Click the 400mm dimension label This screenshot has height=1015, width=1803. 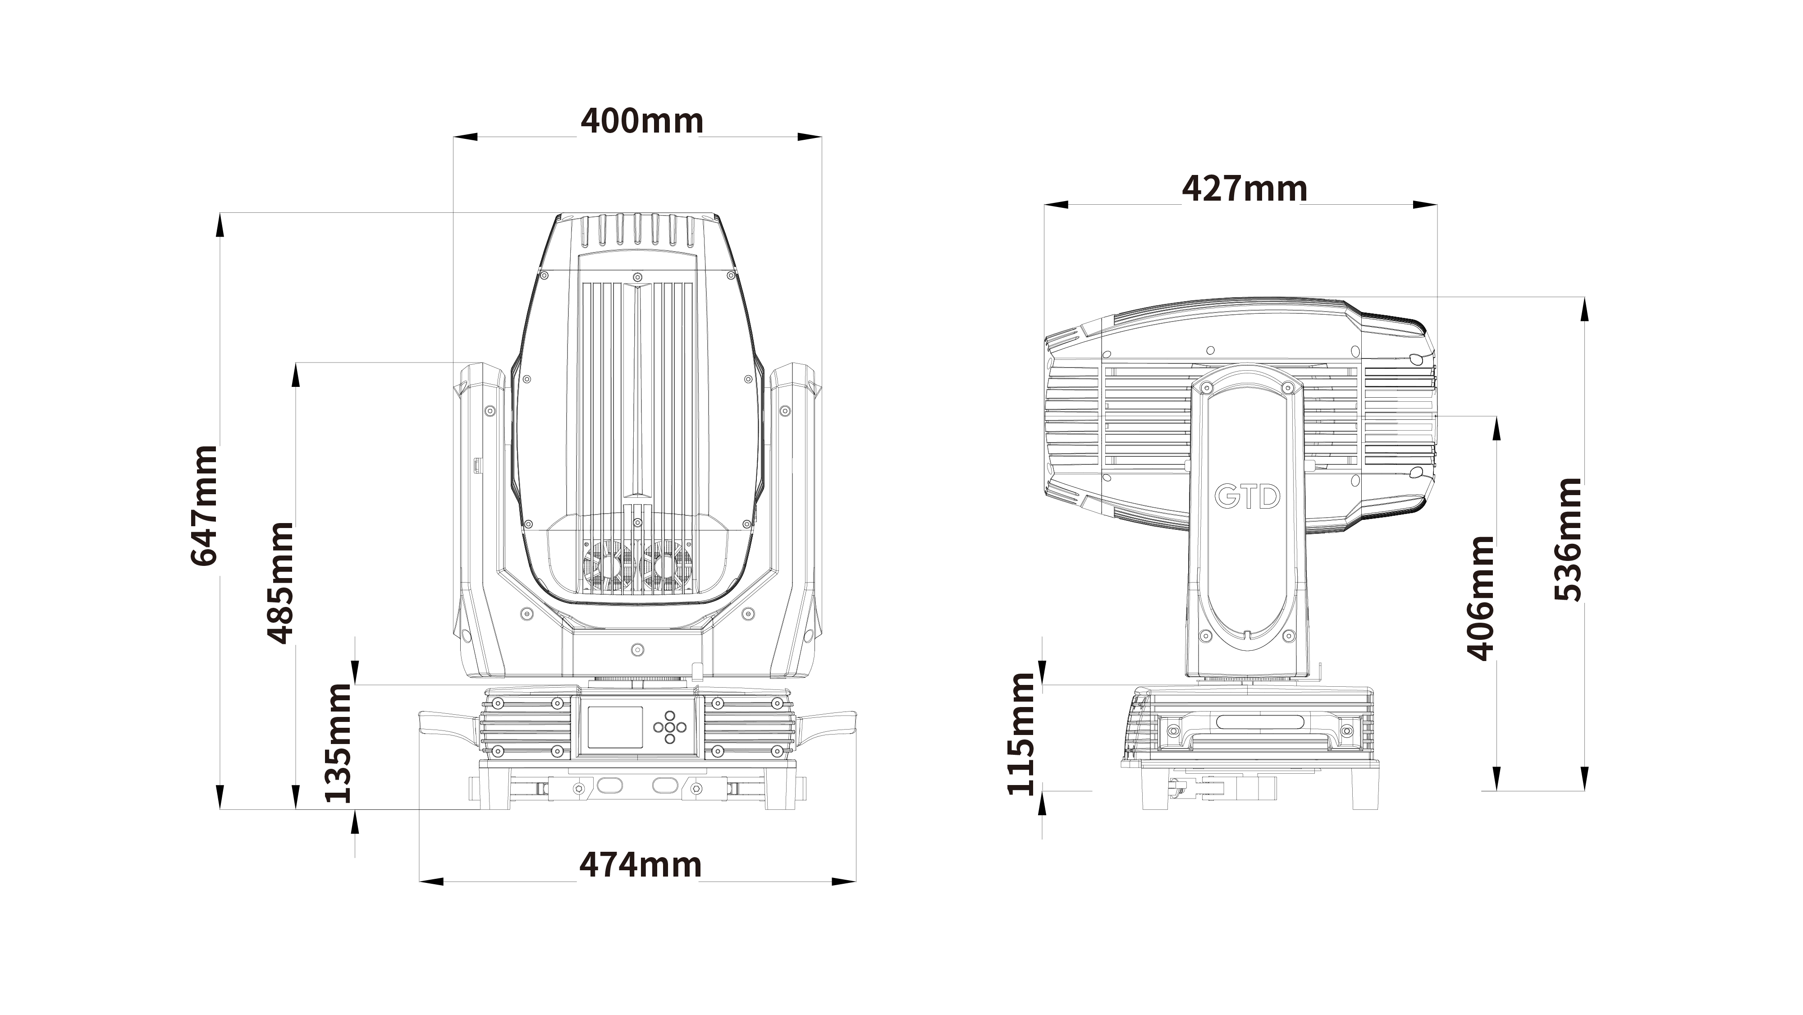[642, 121]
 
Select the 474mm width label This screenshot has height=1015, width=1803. [641, 865]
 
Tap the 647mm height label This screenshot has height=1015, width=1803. [204, 505]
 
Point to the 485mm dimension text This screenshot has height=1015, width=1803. [279, 583]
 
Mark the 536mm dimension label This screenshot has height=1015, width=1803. [1567, 540]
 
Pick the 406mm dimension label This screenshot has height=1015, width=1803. [1480, 598]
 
